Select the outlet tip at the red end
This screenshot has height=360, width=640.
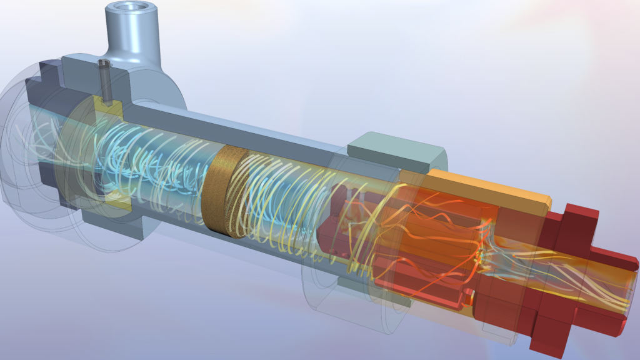click(625, 288)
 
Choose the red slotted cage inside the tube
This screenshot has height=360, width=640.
click(337, 225)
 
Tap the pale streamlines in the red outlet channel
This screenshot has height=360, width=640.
click(562, 275)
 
